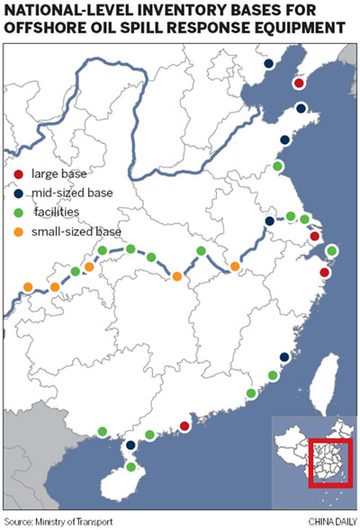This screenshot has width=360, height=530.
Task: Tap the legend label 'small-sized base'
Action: pos(76,232)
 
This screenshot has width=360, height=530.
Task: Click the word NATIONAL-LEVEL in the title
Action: pos(68,11)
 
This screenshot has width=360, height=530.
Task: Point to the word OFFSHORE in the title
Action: pos(49,28)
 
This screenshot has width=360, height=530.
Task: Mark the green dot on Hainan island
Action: pos(131,467)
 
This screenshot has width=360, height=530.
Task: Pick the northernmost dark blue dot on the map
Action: pos(268,64)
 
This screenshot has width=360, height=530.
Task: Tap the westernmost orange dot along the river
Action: pos(28,287)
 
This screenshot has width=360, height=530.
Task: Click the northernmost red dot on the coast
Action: pos(299,84)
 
